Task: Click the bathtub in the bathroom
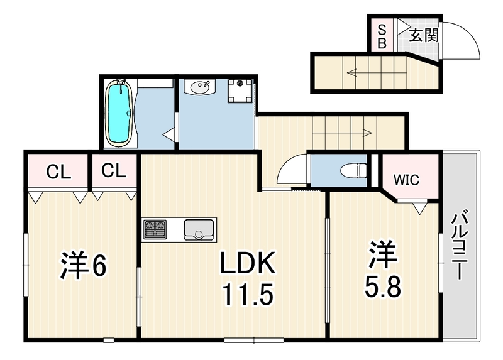pyautogui.click(x=119, y=113)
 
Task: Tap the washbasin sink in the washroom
pyautogui.click(x=200, y=87)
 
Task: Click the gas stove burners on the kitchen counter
pyautogui.click(x=155, y=229)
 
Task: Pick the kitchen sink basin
pyautogui.click(x=199, y=229)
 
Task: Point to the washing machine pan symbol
pyautogui.click(x=240, y=91)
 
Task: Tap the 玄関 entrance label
pyautogui.click(x=424, y=35)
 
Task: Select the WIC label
pyautogui.click(x=406, y=180)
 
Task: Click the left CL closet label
pyautogui.click(x=58, y=172)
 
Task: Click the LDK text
pyautogui.click(x=248, y=263)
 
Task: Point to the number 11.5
pyautogui.click(x=248, y=294)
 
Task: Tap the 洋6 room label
pyautogui.click(x=83, y=265)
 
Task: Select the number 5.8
pyautogui.click(x=382, y=287)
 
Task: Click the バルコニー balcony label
pyautogui.click(x=460, y=244)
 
